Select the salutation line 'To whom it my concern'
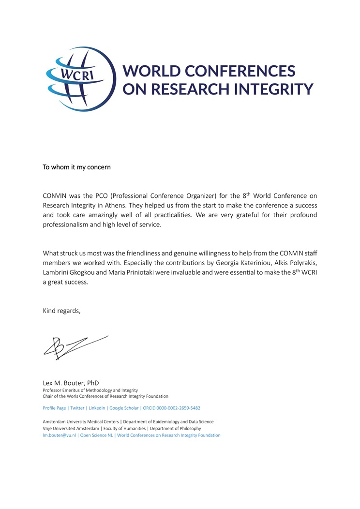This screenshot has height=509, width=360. (76, 167)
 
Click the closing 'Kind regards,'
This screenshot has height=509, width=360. (61, 311)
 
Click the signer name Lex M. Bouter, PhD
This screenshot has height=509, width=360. (71, 383)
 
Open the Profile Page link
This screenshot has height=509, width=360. (54, 408)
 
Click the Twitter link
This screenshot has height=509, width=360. (77, 408)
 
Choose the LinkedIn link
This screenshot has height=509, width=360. (97, 408)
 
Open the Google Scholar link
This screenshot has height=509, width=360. (124, 408)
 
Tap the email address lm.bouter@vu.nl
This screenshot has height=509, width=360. (59, 435)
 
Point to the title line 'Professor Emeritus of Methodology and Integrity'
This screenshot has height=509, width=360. (90, 390)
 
